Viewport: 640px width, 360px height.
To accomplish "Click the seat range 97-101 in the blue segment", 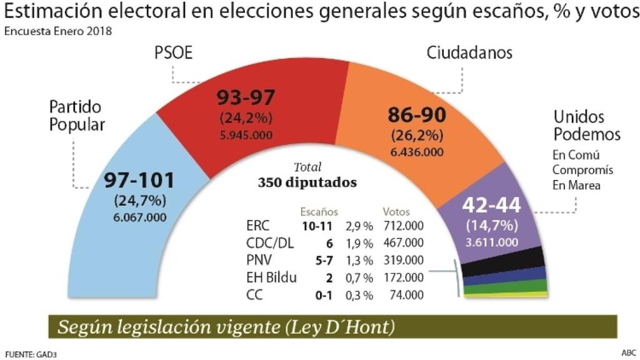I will point(139,181).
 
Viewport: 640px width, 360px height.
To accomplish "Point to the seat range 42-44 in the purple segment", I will point(491,206).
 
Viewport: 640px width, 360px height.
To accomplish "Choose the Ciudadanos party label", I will point(469,52).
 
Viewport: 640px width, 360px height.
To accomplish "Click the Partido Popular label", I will point(77,116).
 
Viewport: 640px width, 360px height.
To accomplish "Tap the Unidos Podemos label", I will point(587,126).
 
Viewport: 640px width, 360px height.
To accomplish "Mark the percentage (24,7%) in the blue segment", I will point(139,201).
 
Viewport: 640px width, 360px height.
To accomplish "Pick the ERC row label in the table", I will point(259,225).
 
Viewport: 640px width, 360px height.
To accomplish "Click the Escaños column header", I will point(319,212).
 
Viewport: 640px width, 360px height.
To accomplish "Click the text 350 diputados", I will point(307,183).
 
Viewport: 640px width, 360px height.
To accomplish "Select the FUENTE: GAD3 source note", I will point(30,354).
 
